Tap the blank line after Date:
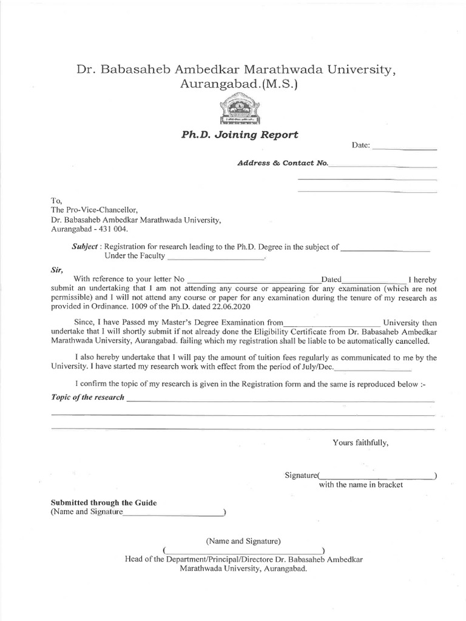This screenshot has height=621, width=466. pos(404,147)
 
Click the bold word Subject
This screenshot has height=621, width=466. pos(84,247)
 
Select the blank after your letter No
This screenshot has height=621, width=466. pos(255,279)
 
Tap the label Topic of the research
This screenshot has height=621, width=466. pos(87,397)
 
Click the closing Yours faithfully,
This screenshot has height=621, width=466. pos(360,443)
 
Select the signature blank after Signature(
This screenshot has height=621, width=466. pos(376,475)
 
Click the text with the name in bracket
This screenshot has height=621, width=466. pos(360,485)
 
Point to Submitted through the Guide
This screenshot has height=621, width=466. pos(103,503)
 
